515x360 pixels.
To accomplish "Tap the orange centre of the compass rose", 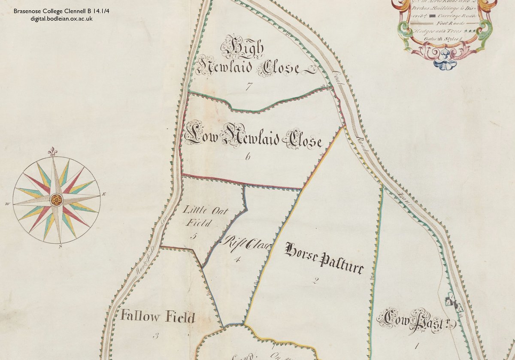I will (x=56, y=200).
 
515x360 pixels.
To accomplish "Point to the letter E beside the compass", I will (x=104, y=194).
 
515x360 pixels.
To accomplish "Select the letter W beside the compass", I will (x=7, y=204).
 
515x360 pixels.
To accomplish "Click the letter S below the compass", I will (x=61, y=246).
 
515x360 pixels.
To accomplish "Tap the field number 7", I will (x=248, y=86).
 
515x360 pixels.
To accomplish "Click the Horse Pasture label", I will (x=324, y=258).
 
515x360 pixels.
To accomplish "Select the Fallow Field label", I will (x=158, y=317).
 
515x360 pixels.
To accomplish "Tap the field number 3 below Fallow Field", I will (x=155, y=336).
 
